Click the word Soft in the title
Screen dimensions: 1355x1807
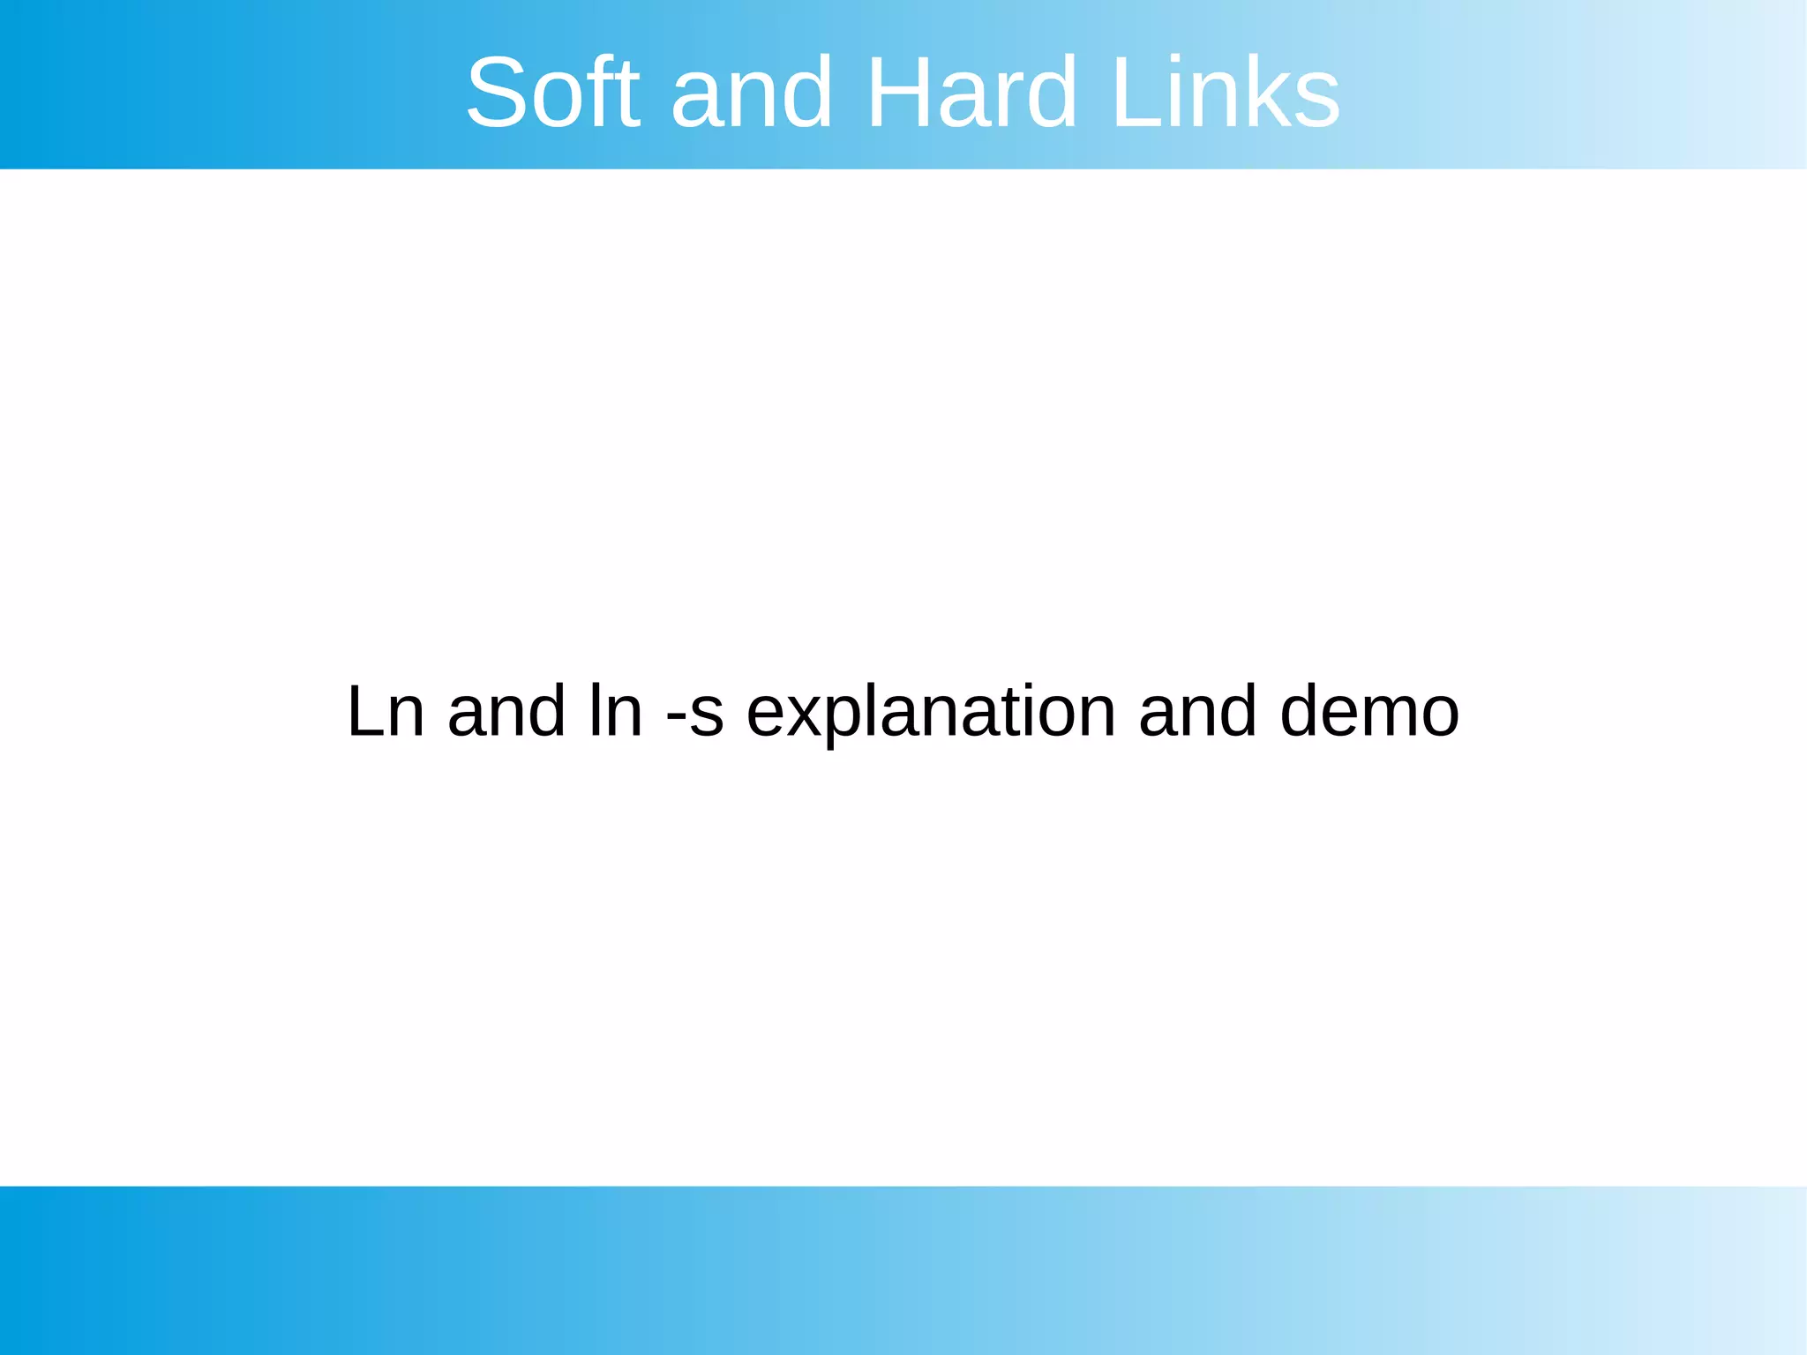[x=552, y=92]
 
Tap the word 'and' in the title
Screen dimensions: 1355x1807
[x=752, y=92]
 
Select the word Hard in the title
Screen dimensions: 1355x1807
[x=971, y=92]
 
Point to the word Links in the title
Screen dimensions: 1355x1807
[x=1226, y=92]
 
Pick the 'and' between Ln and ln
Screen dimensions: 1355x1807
[x=506, y=711]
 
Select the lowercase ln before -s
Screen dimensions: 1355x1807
[x=616, y=711]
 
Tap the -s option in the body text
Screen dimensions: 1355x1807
[x=695, y=713]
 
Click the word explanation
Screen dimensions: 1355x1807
[x=932, y=713]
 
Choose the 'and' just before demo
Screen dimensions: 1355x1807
[x=1197, y=711]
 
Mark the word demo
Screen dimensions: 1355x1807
[x=1369, y=711]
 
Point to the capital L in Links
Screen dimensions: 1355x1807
[x=1133, y=92]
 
